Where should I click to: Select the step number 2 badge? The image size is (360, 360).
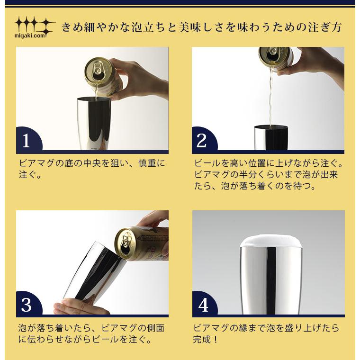tap(202, 141)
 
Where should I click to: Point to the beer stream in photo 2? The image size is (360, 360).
tap(270, 99)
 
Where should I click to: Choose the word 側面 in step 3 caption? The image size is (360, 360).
tap(155, 328)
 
